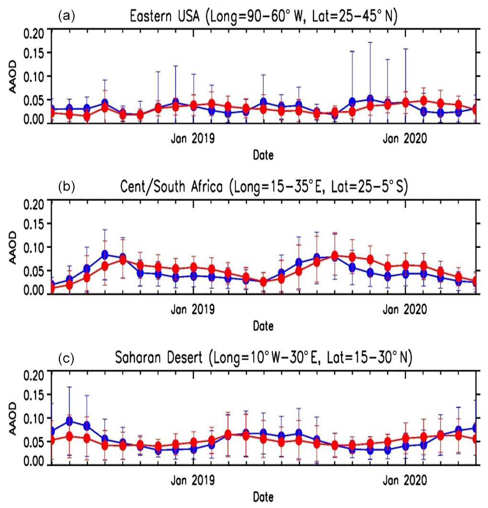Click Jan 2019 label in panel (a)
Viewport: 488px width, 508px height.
(x=193, y=139)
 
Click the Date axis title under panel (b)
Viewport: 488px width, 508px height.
(x=263, y=327)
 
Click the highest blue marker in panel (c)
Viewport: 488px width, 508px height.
(x=69, y=421)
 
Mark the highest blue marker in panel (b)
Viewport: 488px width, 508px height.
(x=105, y=254)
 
